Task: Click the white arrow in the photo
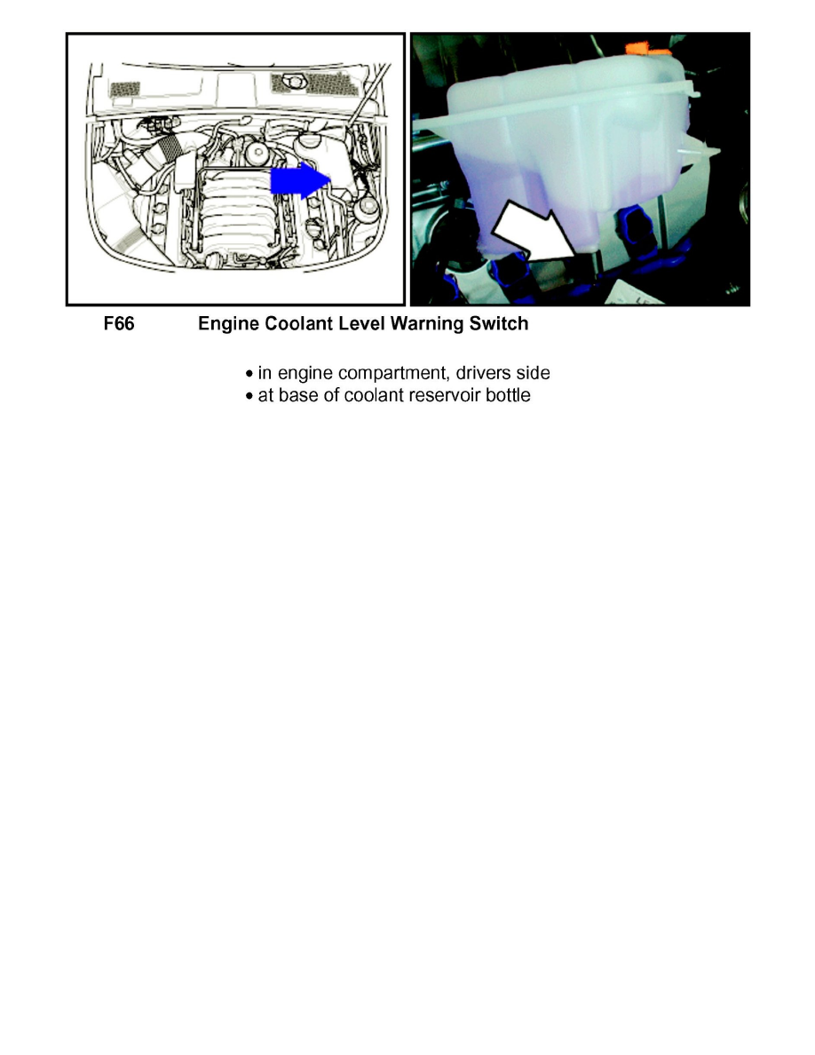pos(530,234)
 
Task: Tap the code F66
pos(118,324)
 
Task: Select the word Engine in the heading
pos(226,324)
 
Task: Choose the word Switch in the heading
pos(497,324)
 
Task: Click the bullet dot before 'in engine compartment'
pos(250,373)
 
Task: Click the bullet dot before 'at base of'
pos(250,396)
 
